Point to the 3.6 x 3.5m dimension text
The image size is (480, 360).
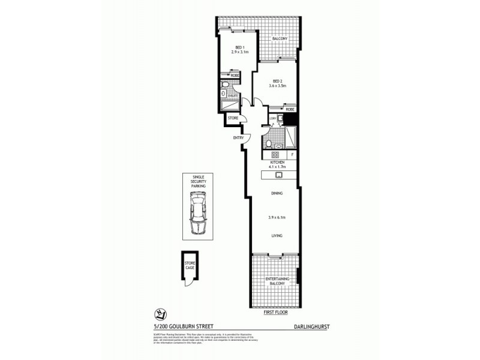coord(278,86)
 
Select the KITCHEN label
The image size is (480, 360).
coord(277,162)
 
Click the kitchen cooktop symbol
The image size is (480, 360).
coord(268,154)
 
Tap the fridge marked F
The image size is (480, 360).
coord(292,155)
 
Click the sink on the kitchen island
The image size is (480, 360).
coord(279,175)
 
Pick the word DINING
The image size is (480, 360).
coord(277,194)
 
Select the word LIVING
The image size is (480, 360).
coord(277,236)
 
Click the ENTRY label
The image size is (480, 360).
coord(238,138)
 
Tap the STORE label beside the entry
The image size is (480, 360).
coord(233,118)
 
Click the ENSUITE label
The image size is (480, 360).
coord(233,95)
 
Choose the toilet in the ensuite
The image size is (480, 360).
coord(223,94)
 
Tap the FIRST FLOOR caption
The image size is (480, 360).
coord(275,313)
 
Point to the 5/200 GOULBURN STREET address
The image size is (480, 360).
coord(178,326)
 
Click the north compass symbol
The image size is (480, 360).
coord(160,313)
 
